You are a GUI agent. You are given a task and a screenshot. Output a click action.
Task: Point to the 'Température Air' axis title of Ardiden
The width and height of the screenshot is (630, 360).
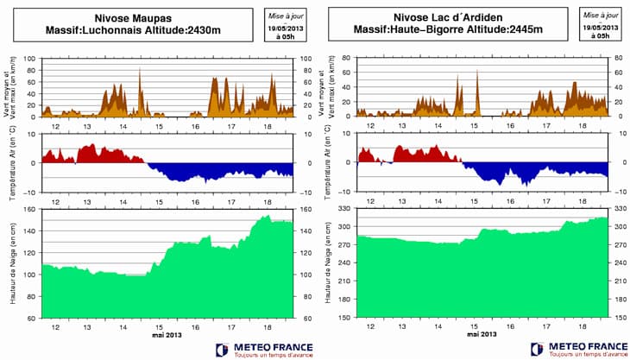click(x=327, y=162)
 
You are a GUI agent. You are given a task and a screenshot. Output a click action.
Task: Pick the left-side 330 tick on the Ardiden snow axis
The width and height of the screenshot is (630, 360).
click(x=345, y=210)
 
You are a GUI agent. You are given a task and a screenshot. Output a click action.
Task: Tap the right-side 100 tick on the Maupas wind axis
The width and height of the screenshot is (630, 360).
click(x=306, y=59)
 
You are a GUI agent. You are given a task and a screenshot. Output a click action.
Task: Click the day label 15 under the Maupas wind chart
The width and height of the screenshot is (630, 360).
click(x=159, y=125)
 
